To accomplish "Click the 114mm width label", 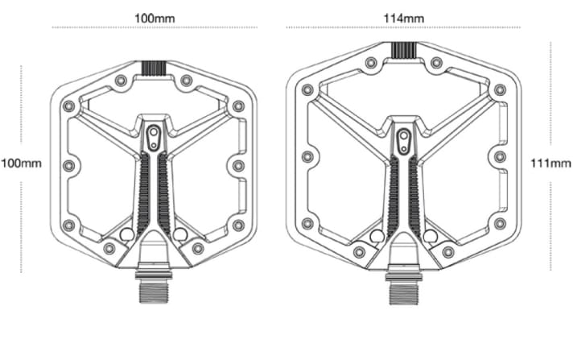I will click(404, 16).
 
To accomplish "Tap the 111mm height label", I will click(551, 163).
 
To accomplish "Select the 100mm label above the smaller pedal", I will click(155, 17).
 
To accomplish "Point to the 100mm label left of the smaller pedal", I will click(21, 163).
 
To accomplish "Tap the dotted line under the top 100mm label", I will click(155, 27).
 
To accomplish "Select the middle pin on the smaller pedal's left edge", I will click(68, 166).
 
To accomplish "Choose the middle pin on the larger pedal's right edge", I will click(500, 156).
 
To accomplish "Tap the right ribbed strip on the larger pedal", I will click(413, 197).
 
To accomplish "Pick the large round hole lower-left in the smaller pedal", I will click(126, 234).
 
